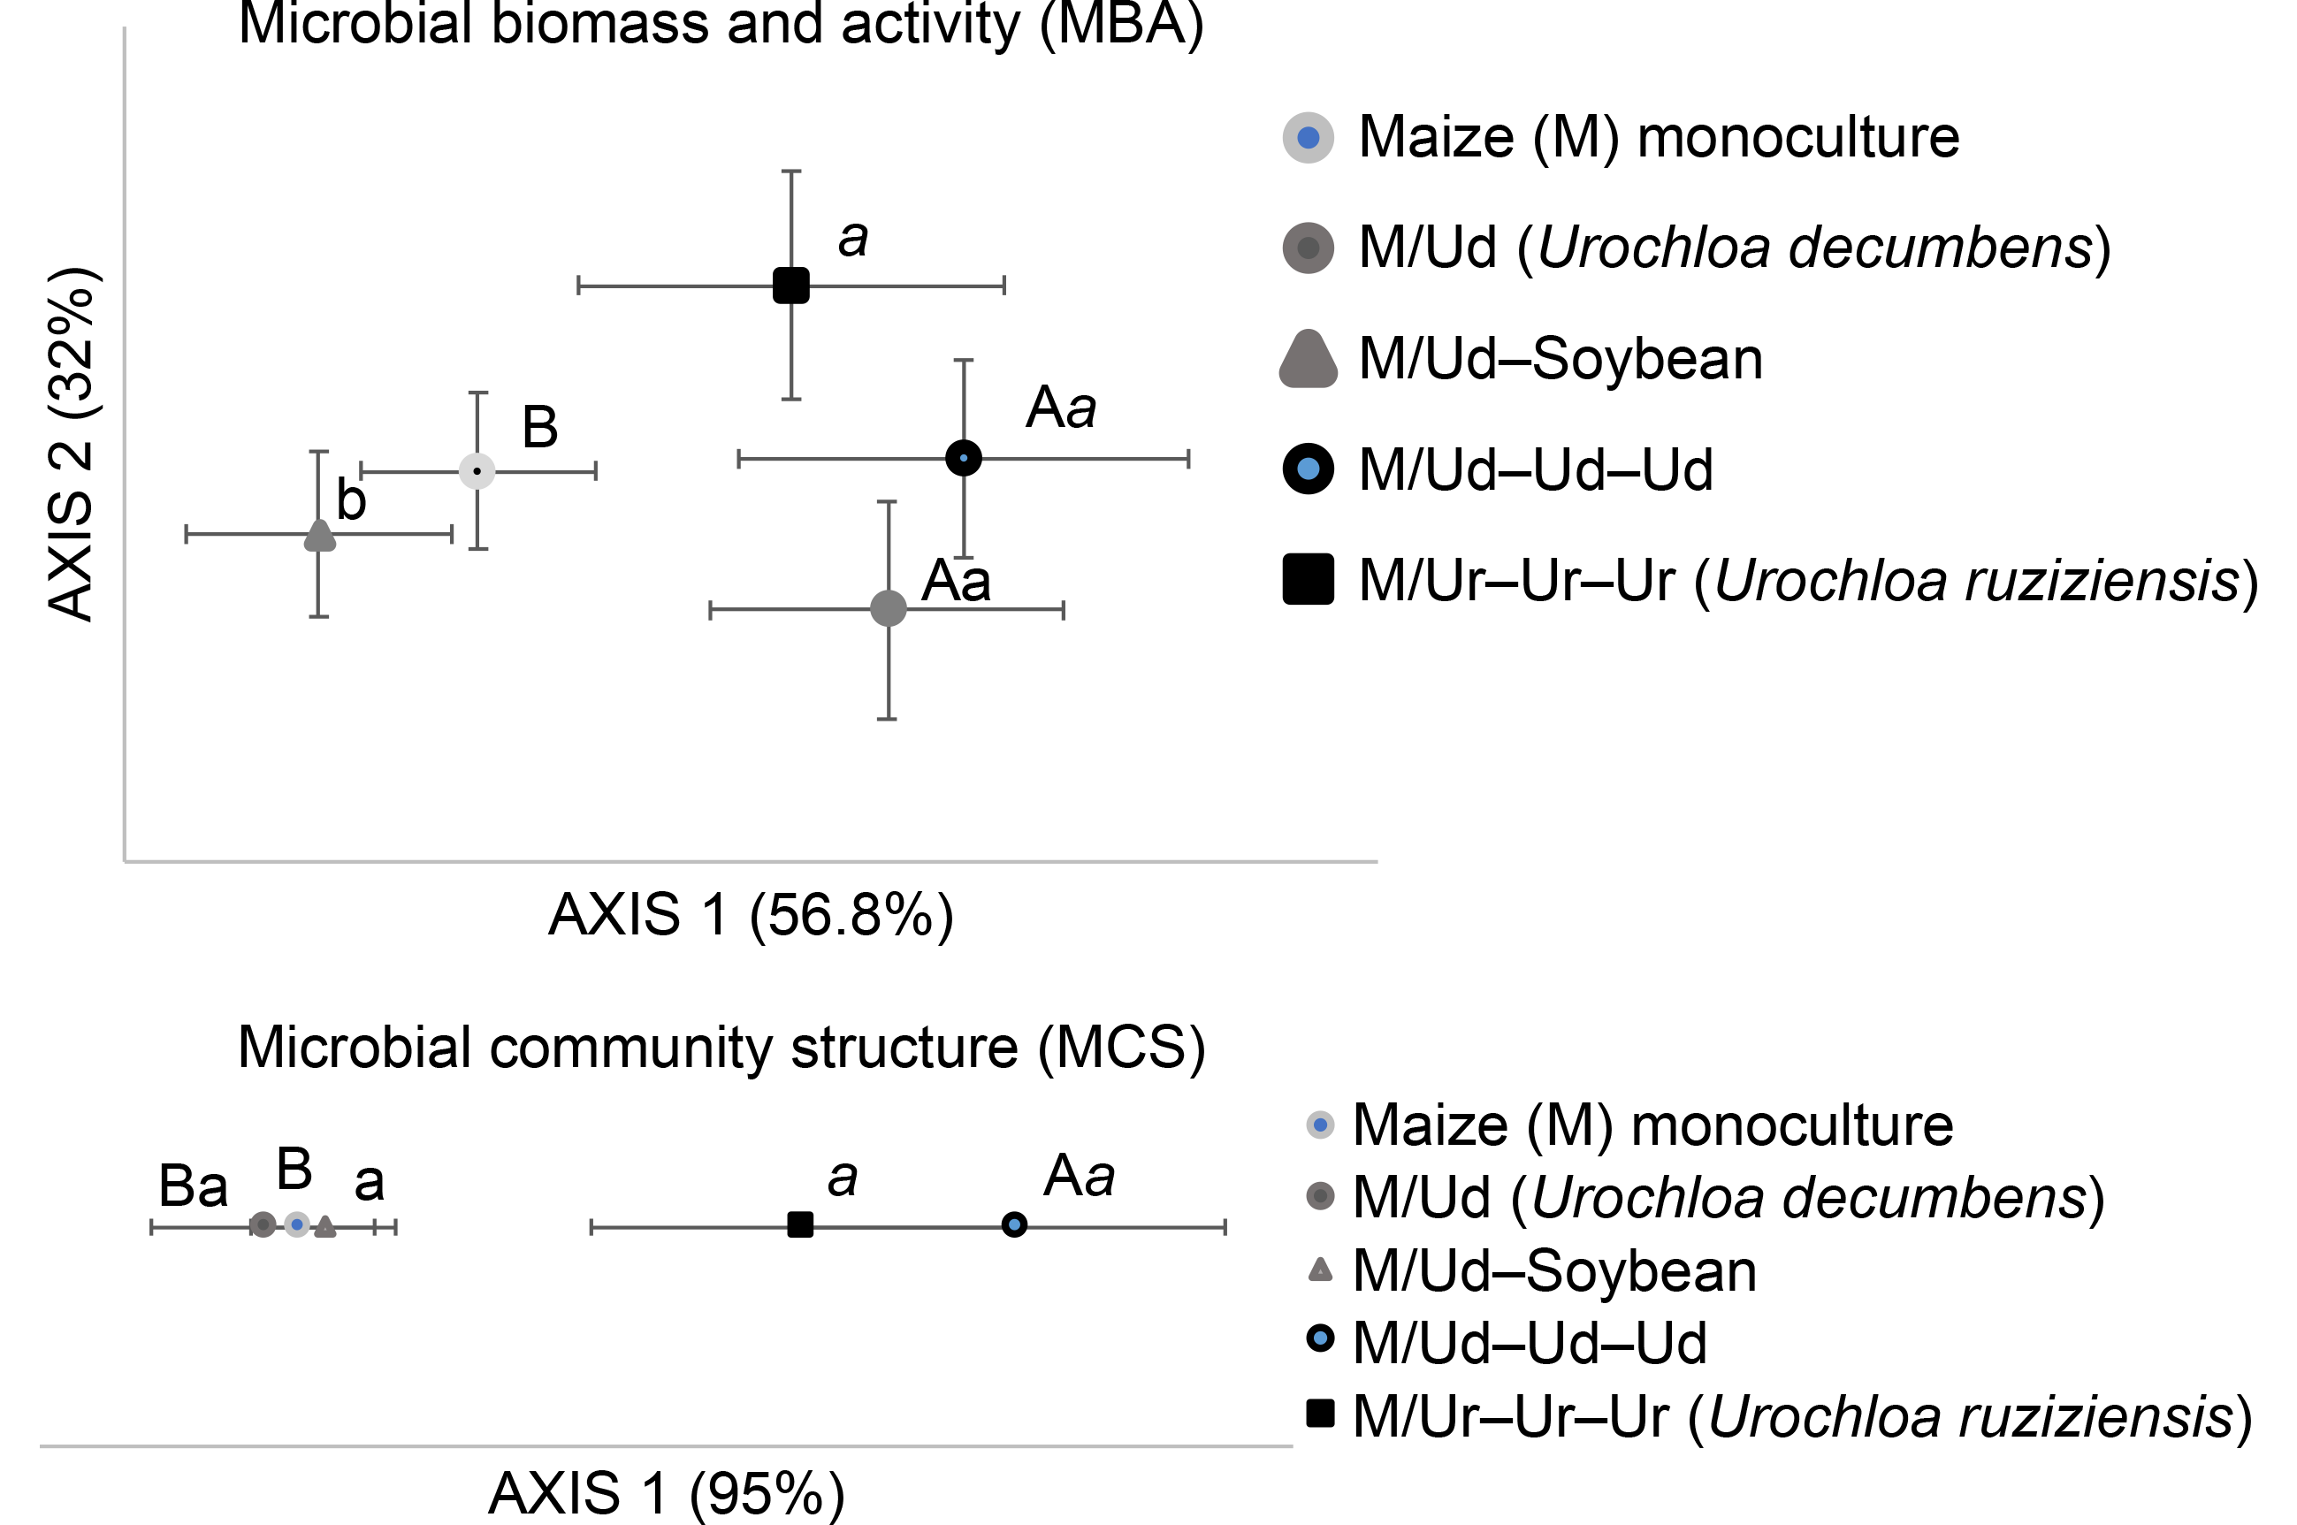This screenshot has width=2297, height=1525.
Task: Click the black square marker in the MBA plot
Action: point(790,286)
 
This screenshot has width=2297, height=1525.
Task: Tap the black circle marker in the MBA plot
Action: point(964,458)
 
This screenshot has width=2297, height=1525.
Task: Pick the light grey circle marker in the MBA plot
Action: point(477,472)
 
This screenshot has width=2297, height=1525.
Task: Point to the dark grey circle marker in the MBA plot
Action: point(888,609)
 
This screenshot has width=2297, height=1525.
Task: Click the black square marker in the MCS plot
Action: point(799,1224)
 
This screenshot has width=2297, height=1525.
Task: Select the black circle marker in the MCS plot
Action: point(1014,1224)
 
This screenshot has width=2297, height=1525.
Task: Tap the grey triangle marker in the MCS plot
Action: point(324,1226)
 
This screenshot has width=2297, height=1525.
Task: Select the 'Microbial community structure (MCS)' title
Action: point(721,1048)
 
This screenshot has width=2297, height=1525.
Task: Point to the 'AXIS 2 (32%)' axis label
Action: point(72,443)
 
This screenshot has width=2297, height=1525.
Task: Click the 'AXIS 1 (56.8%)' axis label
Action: point(751,915)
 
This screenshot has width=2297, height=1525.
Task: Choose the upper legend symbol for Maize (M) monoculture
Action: point(1308,137)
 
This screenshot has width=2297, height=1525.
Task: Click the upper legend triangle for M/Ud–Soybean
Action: point(1308,360)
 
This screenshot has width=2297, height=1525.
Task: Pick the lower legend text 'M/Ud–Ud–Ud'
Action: point(1529,1343)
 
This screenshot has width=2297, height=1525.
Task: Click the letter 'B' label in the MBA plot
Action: point(539,427)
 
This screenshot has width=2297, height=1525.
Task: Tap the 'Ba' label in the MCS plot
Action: point(193,1186)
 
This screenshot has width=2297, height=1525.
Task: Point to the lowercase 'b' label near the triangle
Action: point(351,501)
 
